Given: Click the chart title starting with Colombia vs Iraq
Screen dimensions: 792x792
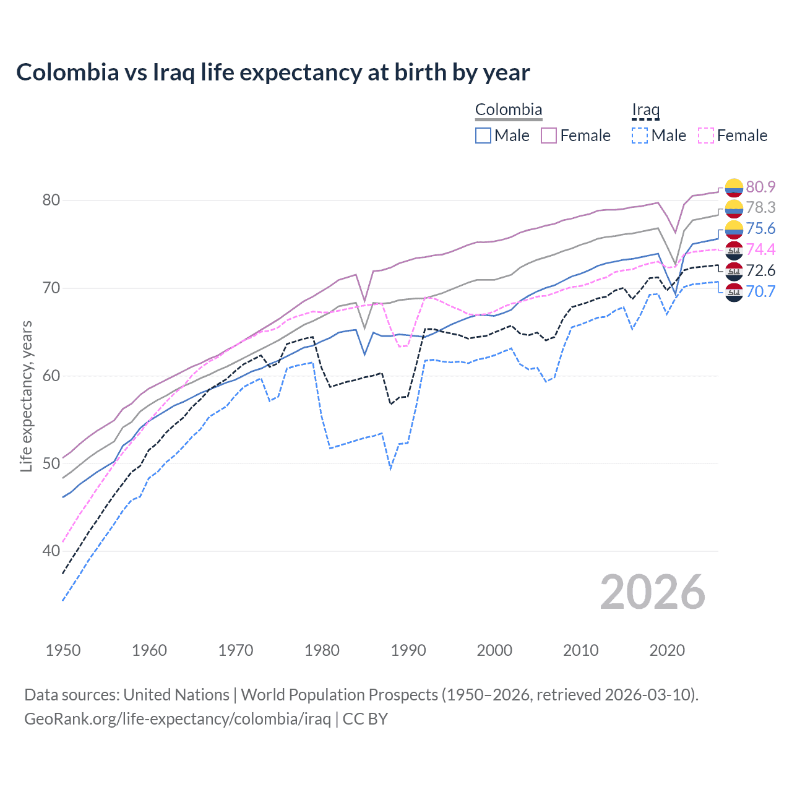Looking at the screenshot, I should [x=273, y=72].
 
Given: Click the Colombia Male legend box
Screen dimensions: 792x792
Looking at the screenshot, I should [x=483, y=136].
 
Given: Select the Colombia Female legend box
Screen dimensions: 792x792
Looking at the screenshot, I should [x=549, y=136].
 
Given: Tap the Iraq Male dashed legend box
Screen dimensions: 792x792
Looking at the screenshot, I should [x=640, y=136].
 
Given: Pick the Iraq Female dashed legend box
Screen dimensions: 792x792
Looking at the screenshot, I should [x=706, y=136].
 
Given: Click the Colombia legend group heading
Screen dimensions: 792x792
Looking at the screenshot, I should [x=509, y=110].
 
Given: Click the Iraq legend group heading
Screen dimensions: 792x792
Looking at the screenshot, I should [x=645, y=110].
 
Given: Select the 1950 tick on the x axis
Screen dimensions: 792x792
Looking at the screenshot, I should [x=63, y=650].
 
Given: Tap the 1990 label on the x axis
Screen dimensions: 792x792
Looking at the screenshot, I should [x=408, y=650].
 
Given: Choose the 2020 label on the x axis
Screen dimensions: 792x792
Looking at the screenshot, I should [x=667, y=650].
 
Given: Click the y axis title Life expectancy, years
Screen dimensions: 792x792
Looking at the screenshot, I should [x=26, y=396].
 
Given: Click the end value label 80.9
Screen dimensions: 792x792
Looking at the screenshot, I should [x=760, y=187].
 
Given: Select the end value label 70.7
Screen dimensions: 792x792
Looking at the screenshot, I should [x=760, y=291].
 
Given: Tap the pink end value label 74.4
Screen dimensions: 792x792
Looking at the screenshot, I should [x=760, y=249].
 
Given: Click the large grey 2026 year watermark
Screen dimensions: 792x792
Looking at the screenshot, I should [x=652, y=592].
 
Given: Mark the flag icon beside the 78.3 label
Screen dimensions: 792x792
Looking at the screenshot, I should [x=734, y=208].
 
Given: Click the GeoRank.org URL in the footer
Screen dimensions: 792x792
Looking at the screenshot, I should [x=178, y=719].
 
